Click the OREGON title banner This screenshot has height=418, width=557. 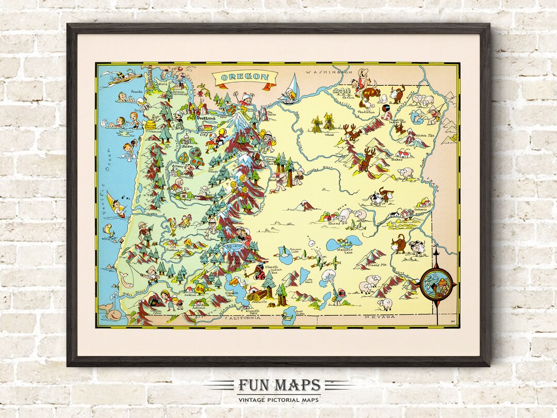click(x=245, y=78)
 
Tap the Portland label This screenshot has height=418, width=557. click(x=206, y=118)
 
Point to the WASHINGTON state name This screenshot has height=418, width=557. click(x=325, y=72)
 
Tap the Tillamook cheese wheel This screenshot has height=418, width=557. click(x=151, y=124)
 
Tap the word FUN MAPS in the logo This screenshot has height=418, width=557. click(x=278, y=385)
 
